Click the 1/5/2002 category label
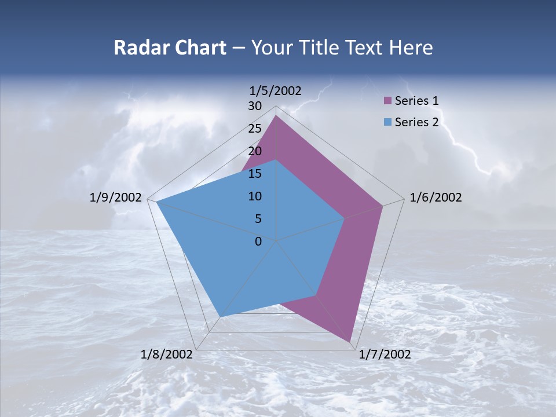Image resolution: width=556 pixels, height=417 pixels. pos(276,90)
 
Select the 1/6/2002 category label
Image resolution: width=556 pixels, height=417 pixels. pos(436,197)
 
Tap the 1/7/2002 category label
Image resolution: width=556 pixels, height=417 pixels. pos(385,354)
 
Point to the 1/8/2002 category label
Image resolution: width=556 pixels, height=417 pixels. pos(167,354)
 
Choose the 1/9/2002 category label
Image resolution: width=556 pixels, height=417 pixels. pos(116,197)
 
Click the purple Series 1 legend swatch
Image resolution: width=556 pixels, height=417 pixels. pos(387,101)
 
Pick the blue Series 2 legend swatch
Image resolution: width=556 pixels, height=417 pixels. pos(387,122)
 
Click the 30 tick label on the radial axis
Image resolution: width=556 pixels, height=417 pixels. pos(255,106)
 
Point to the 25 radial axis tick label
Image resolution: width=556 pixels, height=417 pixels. pos(255,129)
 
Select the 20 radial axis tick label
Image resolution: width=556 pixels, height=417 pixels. pos(255,151)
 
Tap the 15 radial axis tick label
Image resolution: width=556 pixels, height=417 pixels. pos(255,174)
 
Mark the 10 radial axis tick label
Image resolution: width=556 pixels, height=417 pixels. pos(255,196)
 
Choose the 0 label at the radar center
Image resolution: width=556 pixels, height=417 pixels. pos(258,242)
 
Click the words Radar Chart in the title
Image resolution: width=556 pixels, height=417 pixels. pos(170,47)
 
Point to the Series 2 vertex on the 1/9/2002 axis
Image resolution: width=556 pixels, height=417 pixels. pos(156,202)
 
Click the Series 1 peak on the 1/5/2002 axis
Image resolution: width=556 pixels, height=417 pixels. pos(276,116)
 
